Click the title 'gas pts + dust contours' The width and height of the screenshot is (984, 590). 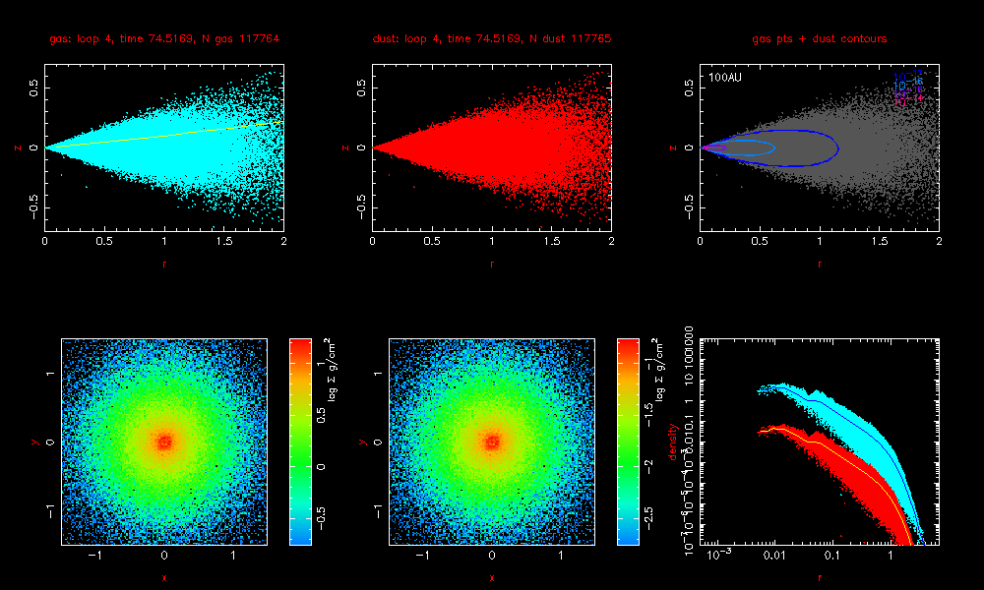click(x=820, y=39)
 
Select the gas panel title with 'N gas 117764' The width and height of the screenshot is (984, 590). click(x=164, y=39)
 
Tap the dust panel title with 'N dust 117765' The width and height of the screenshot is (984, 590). click(x=492, y=39)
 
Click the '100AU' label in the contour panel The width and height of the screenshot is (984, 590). click(x=722, y=77)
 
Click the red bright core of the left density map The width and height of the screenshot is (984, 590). click(x=164, y=442)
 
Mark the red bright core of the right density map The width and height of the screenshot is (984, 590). click(x=492, y=442)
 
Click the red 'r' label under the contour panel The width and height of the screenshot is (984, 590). click(x=820, y=263)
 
